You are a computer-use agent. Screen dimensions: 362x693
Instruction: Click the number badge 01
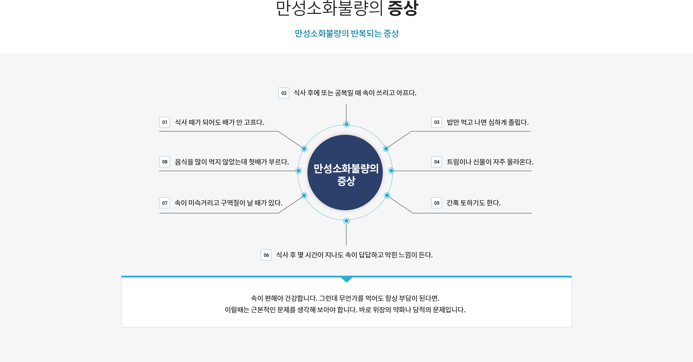pyautogui.click(x=165, y=122)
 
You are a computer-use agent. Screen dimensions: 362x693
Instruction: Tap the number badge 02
pyautogui.click(x=284, y=93)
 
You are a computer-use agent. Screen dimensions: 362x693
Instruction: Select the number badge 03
pyautogui.click(x=437, y=122)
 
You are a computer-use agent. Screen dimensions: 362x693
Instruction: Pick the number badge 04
pyautogui.click(x=437, y=162)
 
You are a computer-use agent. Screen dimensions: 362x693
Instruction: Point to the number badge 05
pyautogui.click(x=437, y=203)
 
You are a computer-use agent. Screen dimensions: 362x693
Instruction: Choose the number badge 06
pyautogui.click(x=266, y=255)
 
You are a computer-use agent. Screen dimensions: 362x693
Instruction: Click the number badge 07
pyautogui.click(x=165, y=203)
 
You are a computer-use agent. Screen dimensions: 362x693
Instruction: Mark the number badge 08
pyautogui.click(x=165, y=162)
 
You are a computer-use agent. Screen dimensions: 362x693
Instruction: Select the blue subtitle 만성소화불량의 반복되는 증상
pyautogui.click(x=346, y=33)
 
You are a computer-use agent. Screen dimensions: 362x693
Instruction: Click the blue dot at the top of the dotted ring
pyautogui.click(x=346, y=124)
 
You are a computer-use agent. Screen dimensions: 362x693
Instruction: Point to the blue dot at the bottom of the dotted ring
pyautogui.click(x=346, y=221)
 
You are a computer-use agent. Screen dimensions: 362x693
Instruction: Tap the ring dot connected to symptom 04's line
pyautogui.click(x=391, y=171)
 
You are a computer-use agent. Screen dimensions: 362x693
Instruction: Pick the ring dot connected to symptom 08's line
pyautogui.click(x=299, y=171)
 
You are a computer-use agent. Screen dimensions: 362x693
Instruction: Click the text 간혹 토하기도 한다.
pyautogui.click(x=473, y=203)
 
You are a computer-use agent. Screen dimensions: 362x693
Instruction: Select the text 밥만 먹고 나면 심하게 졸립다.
pyautogui.click(x=488, y=122)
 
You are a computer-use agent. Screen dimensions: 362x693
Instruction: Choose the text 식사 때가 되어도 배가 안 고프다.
pyautogui.click(x=219, y=122)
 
